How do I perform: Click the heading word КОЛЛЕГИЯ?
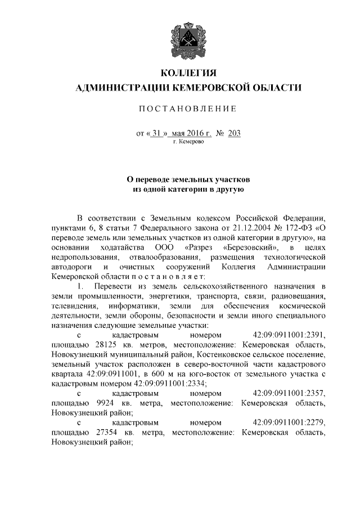pyautogui.click(x=188, y=73)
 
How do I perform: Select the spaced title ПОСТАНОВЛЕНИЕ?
pyautogui.click(x=188, y=108)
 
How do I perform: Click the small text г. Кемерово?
pyautogui.click(x=188, y=142)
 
